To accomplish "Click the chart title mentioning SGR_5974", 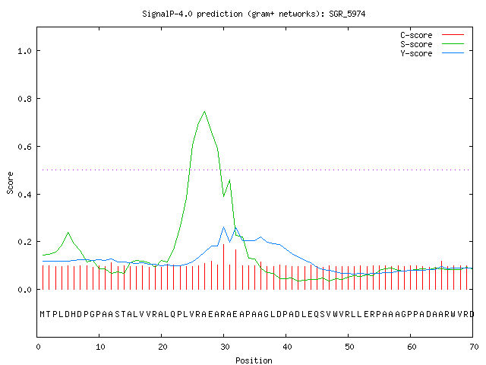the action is coord(254,14).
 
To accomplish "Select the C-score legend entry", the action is coord(432,35).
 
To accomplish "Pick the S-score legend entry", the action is coord(432,44).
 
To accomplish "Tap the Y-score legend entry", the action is coord(432,53).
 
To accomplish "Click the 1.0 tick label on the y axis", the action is coord(25,51).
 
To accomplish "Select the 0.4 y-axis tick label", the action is coord(25,195).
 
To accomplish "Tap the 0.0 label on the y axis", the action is coord(25,290).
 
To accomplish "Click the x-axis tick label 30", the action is coord(225,347).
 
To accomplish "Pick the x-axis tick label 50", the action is coord(349,347).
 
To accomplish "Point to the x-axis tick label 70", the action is coord(474,347).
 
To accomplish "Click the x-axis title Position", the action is coord(254,360).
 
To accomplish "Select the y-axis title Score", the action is coord(10,182).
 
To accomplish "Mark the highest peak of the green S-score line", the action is coord(204,112).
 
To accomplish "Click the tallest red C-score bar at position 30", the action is coord(223,267).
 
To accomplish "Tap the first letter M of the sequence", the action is coord(43,314).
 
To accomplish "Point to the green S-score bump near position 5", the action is coord(68,232).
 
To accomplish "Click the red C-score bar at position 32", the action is coord(236,269).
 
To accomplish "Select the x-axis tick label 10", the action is coord(100,347).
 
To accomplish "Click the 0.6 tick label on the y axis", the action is coord(25,147).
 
